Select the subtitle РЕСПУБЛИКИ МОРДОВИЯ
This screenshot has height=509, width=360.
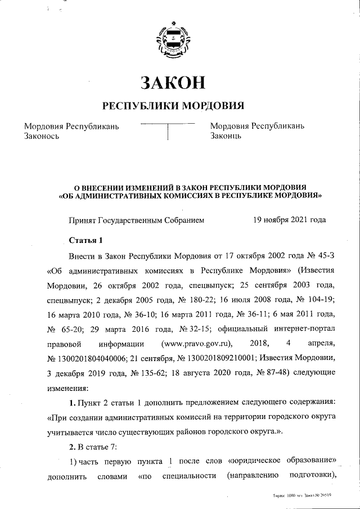click(173, 106)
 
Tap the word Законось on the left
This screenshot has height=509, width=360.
click(42, 136)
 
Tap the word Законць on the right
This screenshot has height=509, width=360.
click(226, 136)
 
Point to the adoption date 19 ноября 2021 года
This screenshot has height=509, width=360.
click(290, 220)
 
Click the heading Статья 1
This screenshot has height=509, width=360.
click(86, 241)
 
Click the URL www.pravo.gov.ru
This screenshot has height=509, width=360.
click(195, 343)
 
